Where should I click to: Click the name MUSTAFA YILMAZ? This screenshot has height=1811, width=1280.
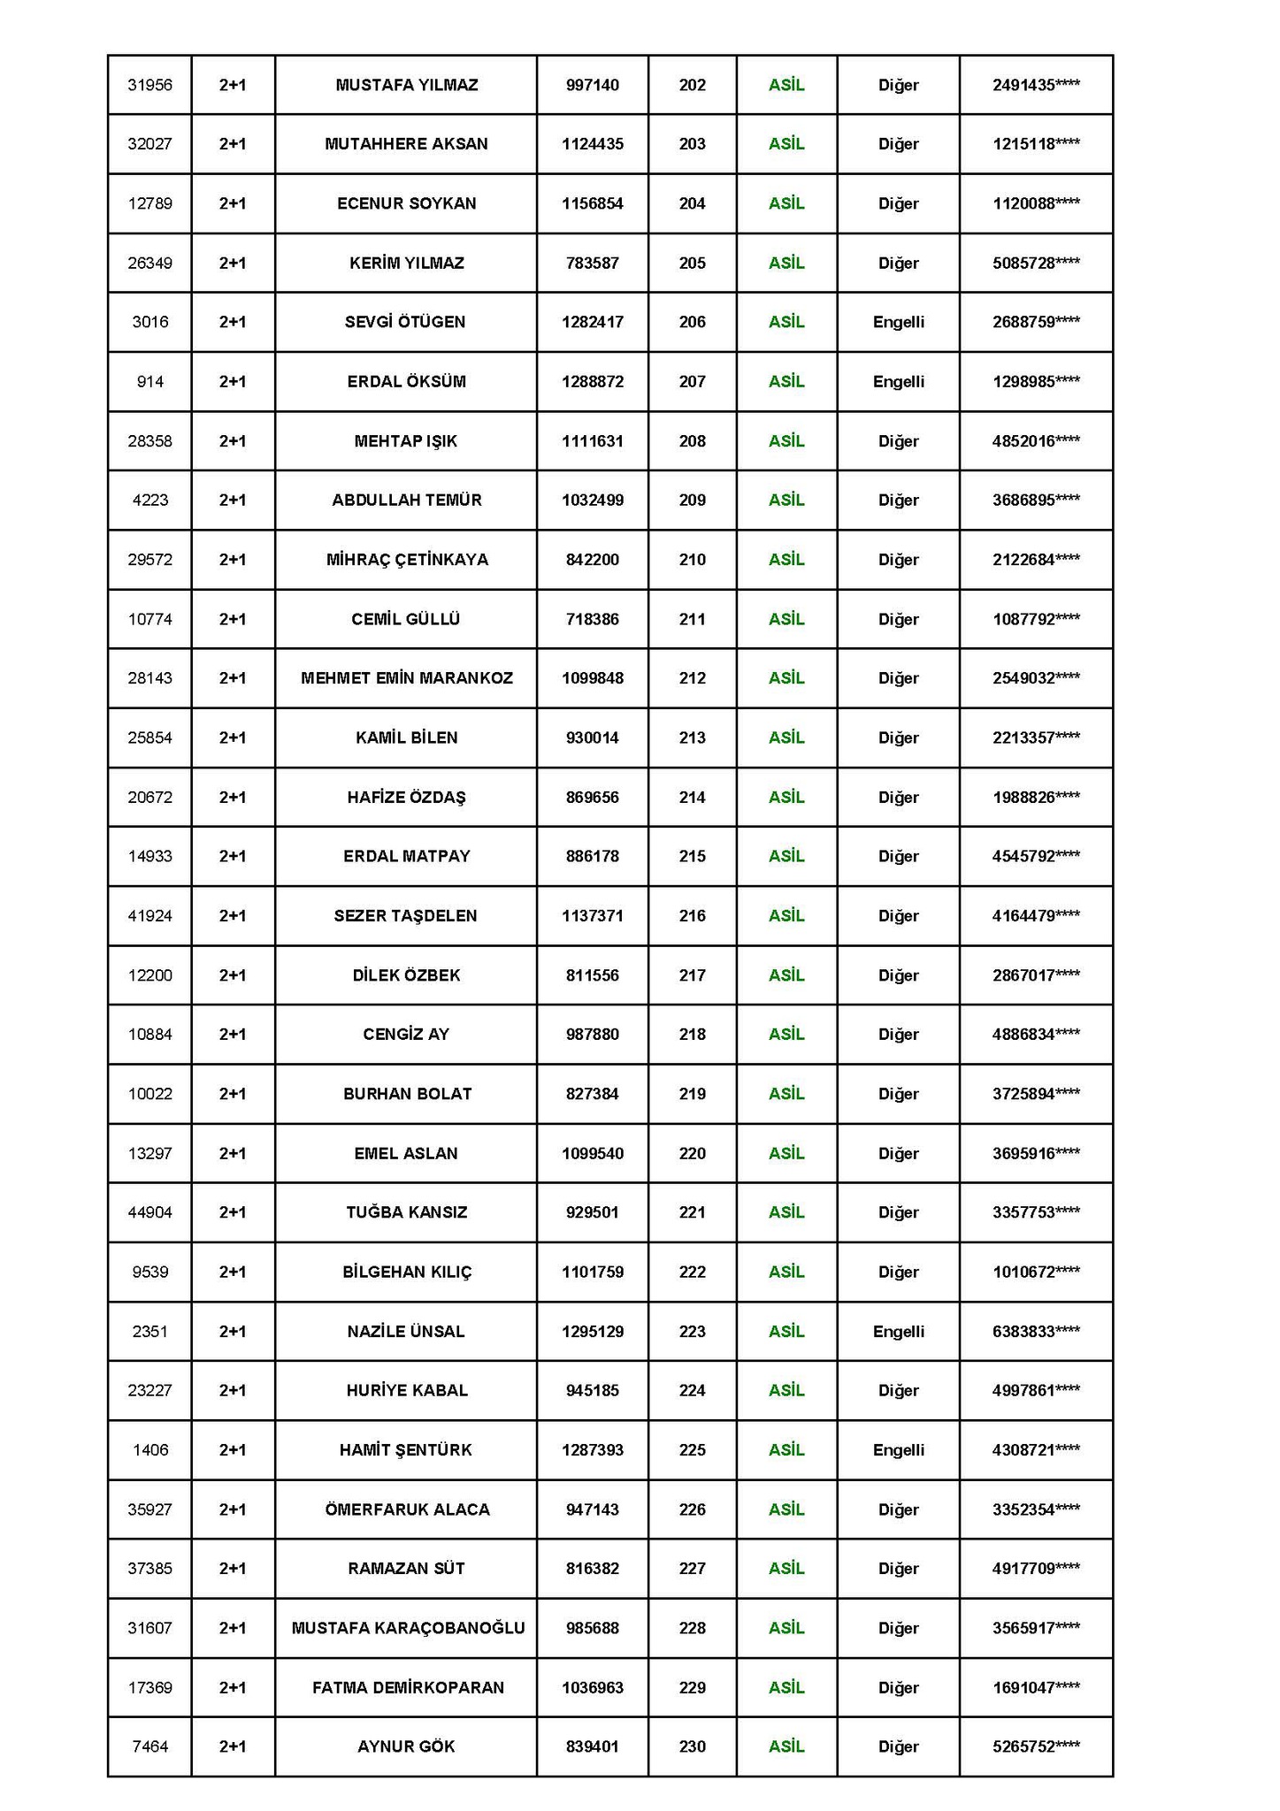[x=406, y=85]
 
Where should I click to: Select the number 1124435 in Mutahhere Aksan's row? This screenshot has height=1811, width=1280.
[x=592, y=144]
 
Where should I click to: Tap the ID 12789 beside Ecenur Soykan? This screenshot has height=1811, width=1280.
[x=149, y=203]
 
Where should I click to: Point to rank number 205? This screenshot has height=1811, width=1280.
[x=692, y=263]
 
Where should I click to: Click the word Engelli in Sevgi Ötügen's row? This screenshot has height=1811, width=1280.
[x=898, y=322]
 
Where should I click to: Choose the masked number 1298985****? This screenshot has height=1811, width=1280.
[x=1035, y=382]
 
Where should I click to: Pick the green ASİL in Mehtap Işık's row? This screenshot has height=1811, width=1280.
[x=786, y=440]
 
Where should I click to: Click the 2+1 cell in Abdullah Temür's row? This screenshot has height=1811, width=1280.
[x=233, y=500]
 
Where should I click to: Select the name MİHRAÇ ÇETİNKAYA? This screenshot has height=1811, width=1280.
[x=406, y=560]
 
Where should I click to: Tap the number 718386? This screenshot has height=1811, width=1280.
[x=592, y=619]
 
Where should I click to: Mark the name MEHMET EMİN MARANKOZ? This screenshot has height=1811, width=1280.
[x=406, y=678]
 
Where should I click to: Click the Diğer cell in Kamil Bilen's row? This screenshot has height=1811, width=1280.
[x=898, y=737]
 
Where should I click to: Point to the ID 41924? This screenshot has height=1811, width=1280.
[x=149, y=915]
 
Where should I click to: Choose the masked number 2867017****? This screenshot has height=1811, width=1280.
[x=1035, y=975]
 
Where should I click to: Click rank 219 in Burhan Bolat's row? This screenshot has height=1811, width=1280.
[x=692, y=1094]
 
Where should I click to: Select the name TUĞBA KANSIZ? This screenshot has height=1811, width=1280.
[x=406, y=1212]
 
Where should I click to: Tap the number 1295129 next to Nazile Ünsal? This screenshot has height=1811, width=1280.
[x=592, y=1331]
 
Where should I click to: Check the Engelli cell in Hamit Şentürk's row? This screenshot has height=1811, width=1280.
[x=898, y=1449]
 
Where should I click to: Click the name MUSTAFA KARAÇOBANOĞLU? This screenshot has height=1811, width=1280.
[x=408, y=1628]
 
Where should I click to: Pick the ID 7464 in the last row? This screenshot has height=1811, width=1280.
[x=149, y=1746]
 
